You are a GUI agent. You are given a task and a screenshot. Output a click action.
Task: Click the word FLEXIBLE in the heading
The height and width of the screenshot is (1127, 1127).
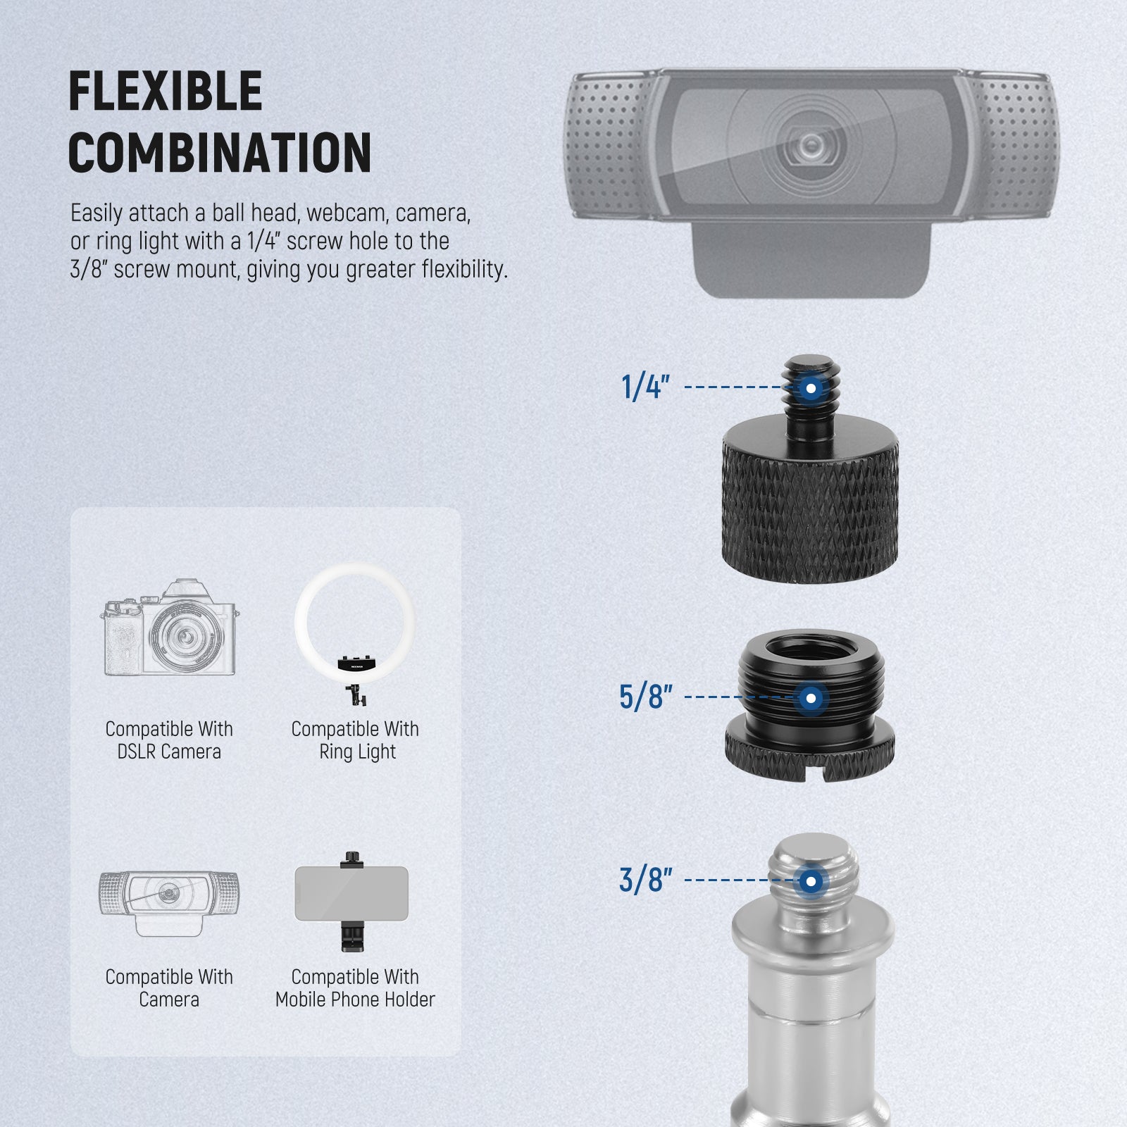coord(166,91)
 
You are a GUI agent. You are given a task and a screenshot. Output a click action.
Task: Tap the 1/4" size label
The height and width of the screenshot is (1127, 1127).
coord(645,387)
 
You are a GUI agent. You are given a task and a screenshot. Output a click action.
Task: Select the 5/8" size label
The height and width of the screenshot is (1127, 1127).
coord(645,697)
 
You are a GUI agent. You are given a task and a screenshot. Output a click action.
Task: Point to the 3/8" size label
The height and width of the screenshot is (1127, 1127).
coord(645,880)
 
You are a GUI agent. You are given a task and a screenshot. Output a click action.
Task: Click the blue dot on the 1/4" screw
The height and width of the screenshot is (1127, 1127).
coord(811,388)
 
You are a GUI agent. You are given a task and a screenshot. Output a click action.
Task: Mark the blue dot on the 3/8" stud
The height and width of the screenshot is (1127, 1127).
coord(811,881)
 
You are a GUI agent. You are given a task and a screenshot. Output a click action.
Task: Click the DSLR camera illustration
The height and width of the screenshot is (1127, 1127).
coord(169,628)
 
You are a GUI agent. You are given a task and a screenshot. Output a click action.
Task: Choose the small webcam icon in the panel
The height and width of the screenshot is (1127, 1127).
coord(169,902)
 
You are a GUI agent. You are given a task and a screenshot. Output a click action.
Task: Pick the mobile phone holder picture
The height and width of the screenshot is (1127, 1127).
coord(351,902)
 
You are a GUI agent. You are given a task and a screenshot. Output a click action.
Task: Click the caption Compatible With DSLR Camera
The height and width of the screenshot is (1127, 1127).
coord(169,740)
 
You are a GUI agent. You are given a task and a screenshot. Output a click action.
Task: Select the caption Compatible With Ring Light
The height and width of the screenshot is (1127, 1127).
coord(356,740)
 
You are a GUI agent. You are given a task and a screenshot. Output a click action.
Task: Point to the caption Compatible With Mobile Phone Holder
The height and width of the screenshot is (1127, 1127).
coord(356,988)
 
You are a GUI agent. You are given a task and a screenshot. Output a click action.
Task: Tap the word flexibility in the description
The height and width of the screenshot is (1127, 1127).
coord(464,269)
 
